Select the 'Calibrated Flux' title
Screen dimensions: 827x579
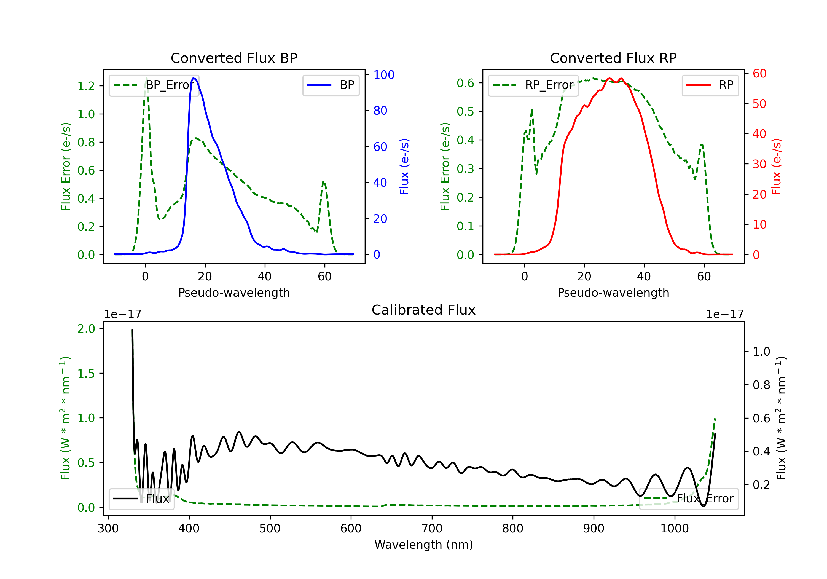(424, 310)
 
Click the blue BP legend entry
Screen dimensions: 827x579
(331, 85)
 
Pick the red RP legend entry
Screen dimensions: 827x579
(710, 85)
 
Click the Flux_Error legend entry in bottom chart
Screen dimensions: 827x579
(688, 499)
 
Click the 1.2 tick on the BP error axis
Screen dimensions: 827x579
(86, 86)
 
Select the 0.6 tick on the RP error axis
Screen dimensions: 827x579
(465, 83)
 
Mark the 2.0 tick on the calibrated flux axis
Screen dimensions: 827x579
(86, 329)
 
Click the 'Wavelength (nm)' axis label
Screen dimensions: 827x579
(424, 545)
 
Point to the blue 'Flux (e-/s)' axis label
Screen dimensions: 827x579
(404, 167)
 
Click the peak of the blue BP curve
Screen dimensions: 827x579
(194, 78)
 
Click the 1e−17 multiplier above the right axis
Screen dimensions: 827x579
(725, 315)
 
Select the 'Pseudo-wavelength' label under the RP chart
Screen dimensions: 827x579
(613, 293)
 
